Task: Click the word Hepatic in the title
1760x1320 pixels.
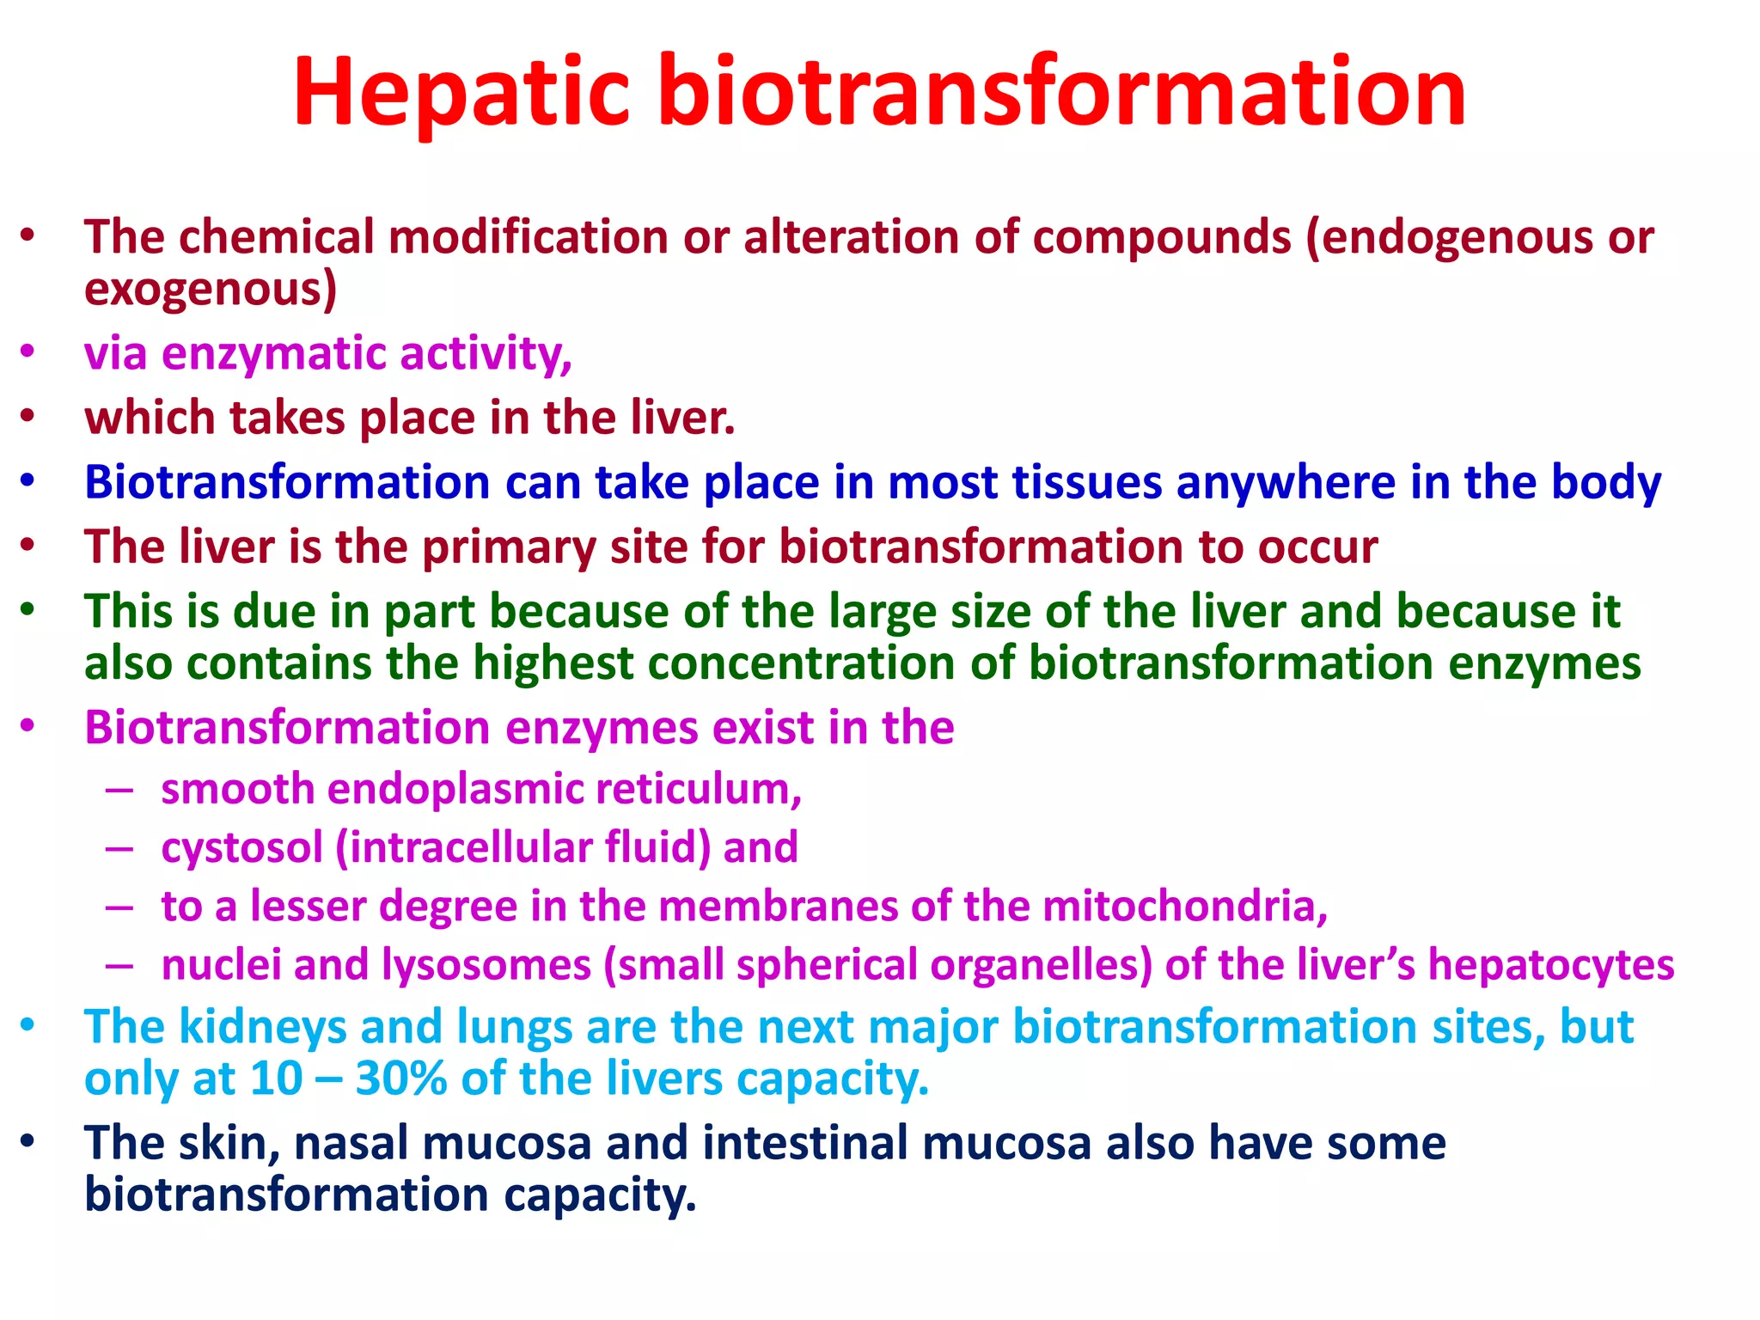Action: click(461, 93)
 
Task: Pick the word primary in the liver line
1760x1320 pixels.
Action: click(508, 547)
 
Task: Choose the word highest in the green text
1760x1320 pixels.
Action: click(553, 663)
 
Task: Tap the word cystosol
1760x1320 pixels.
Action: click(241, 847)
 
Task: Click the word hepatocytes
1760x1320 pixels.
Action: click(1550, 964)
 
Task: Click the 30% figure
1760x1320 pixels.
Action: click(400, 1079)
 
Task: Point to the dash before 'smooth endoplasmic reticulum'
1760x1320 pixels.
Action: click(119, 789)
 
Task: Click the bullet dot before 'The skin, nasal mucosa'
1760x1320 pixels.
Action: click(28, 1141)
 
